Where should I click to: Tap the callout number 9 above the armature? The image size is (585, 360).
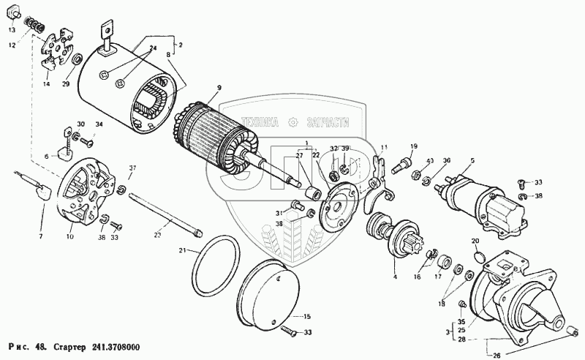[217, 89]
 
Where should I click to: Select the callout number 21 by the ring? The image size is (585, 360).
[182, 251]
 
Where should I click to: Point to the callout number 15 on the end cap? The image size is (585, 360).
[307, 316]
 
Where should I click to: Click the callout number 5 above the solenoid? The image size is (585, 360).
[472, 160]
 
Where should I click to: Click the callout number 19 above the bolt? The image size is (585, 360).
[412, 146]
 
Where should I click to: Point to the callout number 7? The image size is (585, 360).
[40, 236]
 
